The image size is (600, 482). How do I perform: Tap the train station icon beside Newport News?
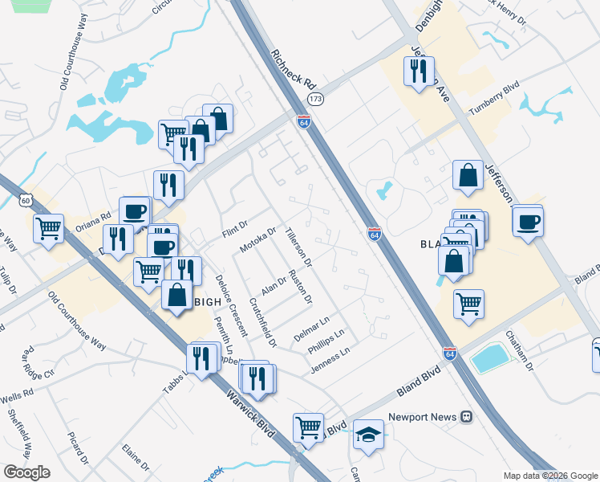pyautogui.click(x=466, y=417)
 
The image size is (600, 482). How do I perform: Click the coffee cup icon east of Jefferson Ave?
pyautogui.click(x=528, y=221)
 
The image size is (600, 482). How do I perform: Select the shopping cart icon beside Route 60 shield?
pyautogui.click(x=49, y=229)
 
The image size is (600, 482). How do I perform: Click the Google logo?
pyautogui.click(x=26, y=472)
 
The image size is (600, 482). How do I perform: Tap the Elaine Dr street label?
pyautogui.click(x=136, y=458)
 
